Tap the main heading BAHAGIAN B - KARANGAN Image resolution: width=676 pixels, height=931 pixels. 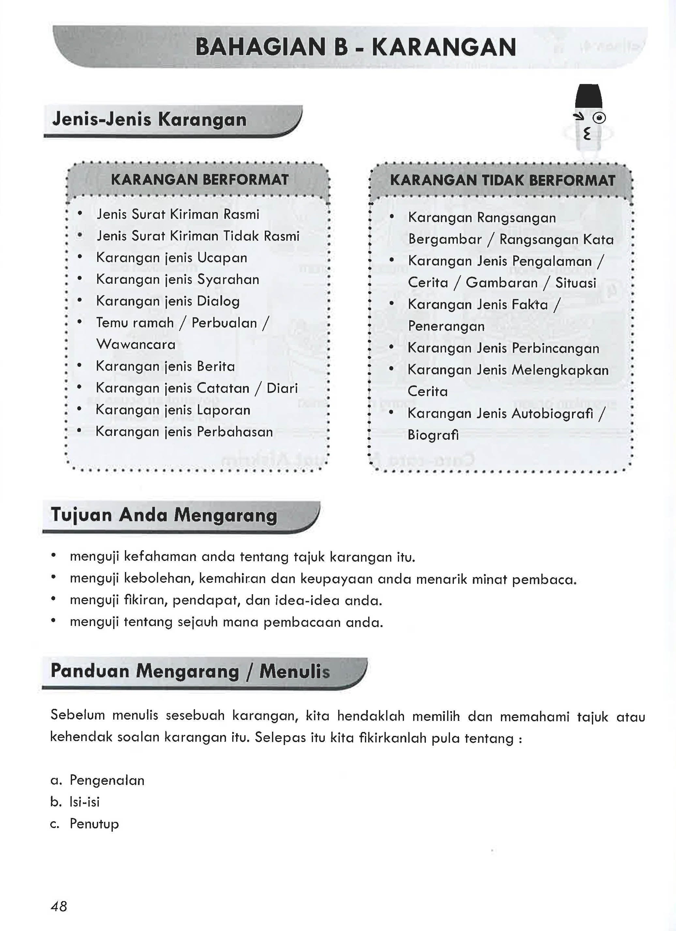tap(355, 47)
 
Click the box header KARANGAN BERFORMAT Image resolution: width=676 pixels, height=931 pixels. tap(200, 180)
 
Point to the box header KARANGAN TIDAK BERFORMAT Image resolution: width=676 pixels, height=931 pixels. tap(502, 180)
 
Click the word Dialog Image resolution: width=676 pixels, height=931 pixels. tap(218, 301)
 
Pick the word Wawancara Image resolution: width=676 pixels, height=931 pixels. tap(136, 344)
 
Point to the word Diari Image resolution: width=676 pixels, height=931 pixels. tap(282, 388)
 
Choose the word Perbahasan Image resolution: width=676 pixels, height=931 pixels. tap(235, 432)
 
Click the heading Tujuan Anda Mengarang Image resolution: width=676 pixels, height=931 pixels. tap(164, 515)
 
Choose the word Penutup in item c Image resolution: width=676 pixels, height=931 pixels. tap(94, 824)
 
